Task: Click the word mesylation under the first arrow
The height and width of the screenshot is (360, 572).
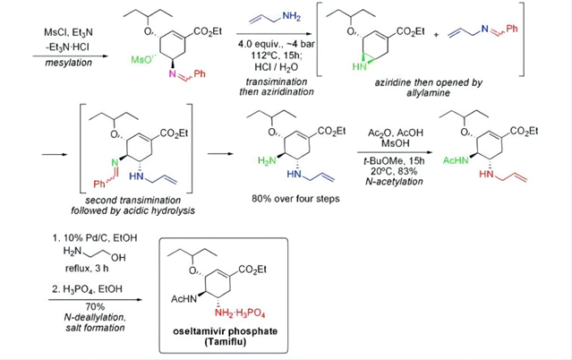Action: click(68, 63)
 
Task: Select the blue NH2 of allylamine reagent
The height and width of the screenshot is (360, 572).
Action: click(292, 16)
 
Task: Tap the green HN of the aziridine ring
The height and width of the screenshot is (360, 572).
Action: click(359, 66)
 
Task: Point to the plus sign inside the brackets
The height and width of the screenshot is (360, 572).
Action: click(436, 35)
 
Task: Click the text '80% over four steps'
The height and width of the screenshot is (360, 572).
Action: click(295, 199)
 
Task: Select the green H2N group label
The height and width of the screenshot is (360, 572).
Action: click(268, 160)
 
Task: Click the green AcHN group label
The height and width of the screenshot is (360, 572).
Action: click(456, 160)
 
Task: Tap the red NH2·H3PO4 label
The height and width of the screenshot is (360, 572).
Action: click(240, 313)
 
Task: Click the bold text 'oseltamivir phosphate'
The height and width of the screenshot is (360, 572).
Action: click(225, 331)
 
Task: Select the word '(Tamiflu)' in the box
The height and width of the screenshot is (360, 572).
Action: click(225, 342)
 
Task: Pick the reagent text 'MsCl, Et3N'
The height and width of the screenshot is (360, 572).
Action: click(68, 32)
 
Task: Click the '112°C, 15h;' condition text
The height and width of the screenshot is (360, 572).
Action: click(277, 56)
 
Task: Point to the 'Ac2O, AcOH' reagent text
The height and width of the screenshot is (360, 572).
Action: click(396, 133)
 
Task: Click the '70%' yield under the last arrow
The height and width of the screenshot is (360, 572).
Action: click(95, 306)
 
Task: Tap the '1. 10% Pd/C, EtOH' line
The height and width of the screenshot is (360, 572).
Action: click(95, 238)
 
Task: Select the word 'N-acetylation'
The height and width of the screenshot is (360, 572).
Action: click(394, 182)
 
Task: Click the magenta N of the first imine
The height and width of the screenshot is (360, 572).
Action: click(173, 74)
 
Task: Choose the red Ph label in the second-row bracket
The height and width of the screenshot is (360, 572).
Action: click(99, 184)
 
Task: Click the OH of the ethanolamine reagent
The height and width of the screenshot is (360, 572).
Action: click(118, 258)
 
